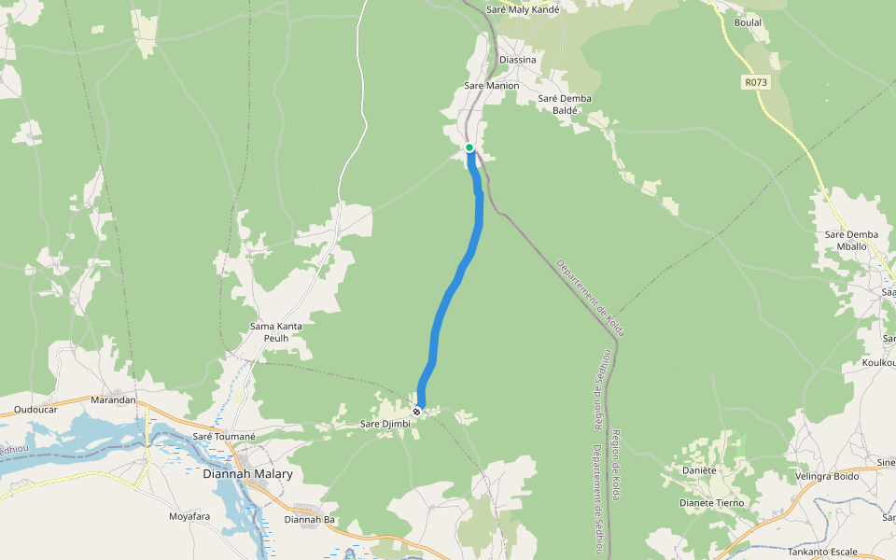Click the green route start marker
pyautogui.click(x=469, y=147)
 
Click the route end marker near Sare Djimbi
pyautogui.click(x=417, y=411)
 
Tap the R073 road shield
pyautogui.click(x=756, y=82)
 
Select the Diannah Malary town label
pyautogui.click(x=247, y=474)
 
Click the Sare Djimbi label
pyautogui.click(x=385, y=424)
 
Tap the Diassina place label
pyautogui.click(x=518, y=60)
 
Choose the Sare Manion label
pyautogui.click(x=491, y=86)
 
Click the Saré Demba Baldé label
pyautogui.click(x=566, y=104)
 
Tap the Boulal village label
pyautogui.click(x=749, y=22)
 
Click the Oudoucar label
pyautogui.click(x=36, y=410)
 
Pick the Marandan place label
pyautogui.click(x=113, y=400)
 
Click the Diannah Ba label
pyautogui.click(x=309, y=519)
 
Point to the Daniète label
pyautogui.click(x=698, y=470)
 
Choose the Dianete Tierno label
pyautogui.click(x=711, y=502)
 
